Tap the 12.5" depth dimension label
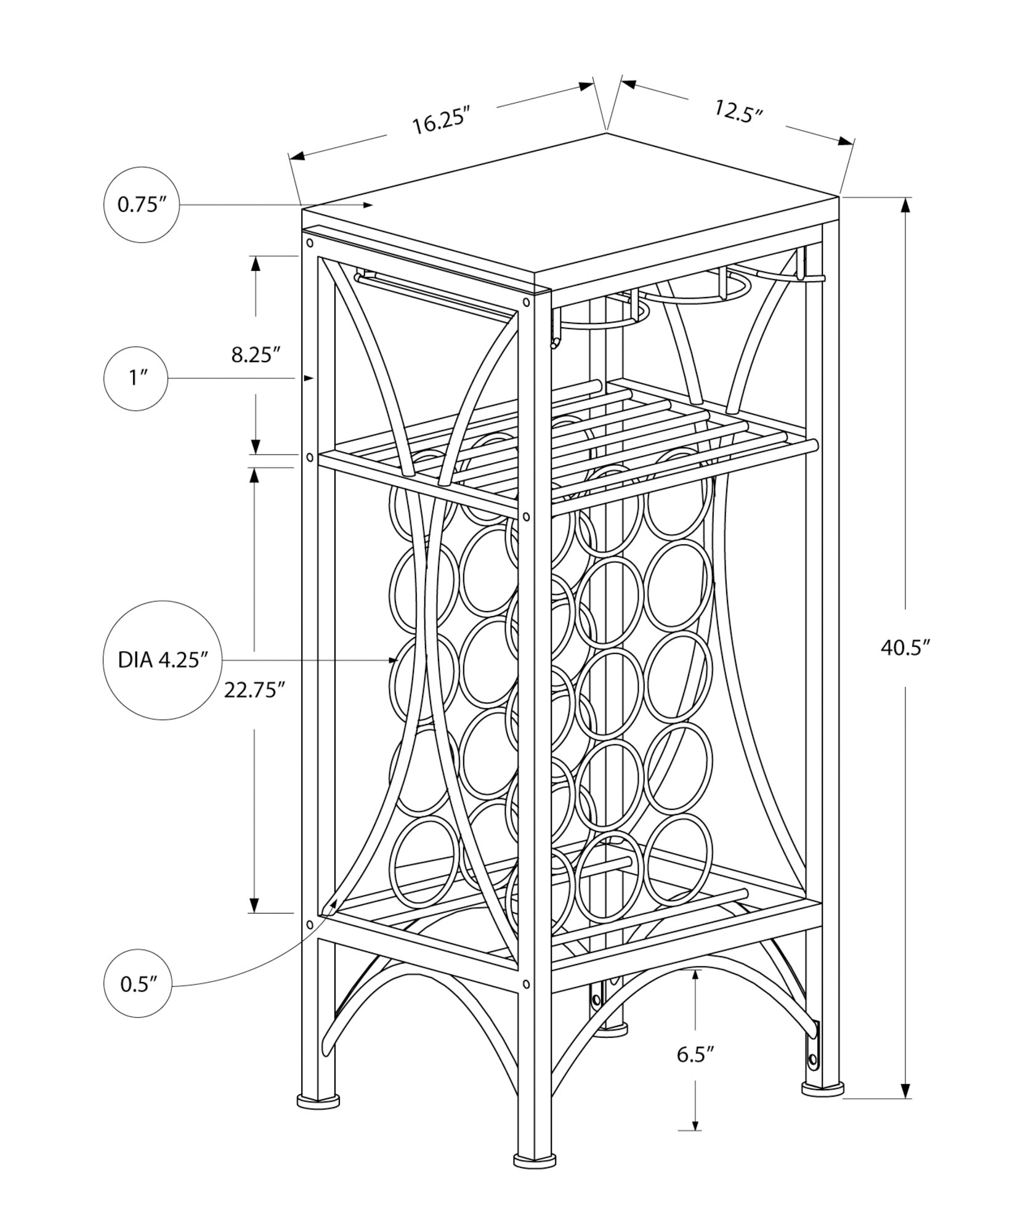(x=738, y=111)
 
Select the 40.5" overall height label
(x=904, y=648)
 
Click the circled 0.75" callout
(x=142, y=205)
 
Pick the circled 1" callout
(x=135, y=378)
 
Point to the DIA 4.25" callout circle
(x=161, y=660)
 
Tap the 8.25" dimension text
(x=256, y=355)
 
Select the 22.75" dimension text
(x=254, y=690)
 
